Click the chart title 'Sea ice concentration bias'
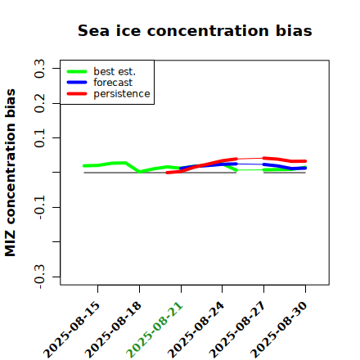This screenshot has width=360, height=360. [x=195, y=30]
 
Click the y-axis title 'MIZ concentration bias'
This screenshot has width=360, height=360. [x=11, y=173]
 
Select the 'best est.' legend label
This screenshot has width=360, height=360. [x=115, y=71]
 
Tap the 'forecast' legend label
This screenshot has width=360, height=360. [x=113, y=83]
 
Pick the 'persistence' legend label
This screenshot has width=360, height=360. [x=122, y=94]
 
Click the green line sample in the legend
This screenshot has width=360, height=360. [x=77, y=71]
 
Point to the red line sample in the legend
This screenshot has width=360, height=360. [x=77, y=94]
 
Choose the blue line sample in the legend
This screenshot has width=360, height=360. [x=77, y=83]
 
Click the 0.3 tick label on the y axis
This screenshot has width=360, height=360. [x=39, y=69]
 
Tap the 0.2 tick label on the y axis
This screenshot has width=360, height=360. [x=39, y=103]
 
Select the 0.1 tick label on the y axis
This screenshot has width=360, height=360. [x=39, y=138]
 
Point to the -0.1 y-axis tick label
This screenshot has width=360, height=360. [x=39, y=207]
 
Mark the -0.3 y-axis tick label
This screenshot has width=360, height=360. [x=39, y=277]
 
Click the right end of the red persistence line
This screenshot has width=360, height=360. [x=305, y=161]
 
